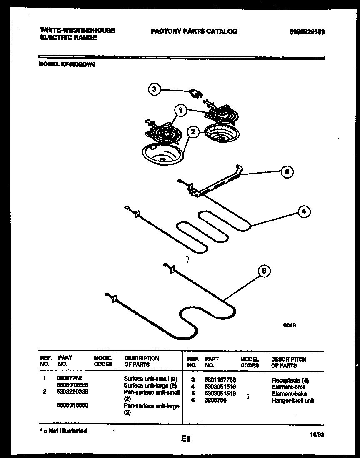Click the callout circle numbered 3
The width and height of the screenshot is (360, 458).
pyautogui.click(x=155, y=89)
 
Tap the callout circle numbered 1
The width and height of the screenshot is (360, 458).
pyautogui.click(x=180, y=111)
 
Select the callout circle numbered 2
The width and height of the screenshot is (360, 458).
pyautogui.click(x=192, y=132)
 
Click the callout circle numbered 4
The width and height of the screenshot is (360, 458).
pyautogui.click(x=304, y=212)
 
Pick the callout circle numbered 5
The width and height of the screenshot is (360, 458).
pyautogui.click(x=263, y=272)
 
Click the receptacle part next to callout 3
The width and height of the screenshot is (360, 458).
pyautogui.click(x=194, y=93)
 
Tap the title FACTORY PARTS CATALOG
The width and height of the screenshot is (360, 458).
pyautogui.click(x=194, y=31)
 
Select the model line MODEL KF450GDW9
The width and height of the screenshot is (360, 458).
pyautogui.click(x=67, y=65)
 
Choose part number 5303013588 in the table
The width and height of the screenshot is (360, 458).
pyautogui.click(x=72, y=405)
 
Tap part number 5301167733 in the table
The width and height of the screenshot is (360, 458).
pyautogui.click(x=220, y=380)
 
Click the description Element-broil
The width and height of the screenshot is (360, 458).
pyautogui.click(x=288, y=387)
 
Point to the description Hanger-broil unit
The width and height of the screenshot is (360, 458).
pyautogui.click(x=293, y=400)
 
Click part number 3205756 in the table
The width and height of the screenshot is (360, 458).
pyautogui.click(x=215, y=400)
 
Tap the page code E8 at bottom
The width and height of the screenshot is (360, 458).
pyautogui.click(x=185, y=438)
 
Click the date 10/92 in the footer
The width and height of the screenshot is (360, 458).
pyautogui.click(x=317, y=434)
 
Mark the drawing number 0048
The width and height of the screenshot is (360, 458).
pyautogui.click(x=290, y=327)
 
